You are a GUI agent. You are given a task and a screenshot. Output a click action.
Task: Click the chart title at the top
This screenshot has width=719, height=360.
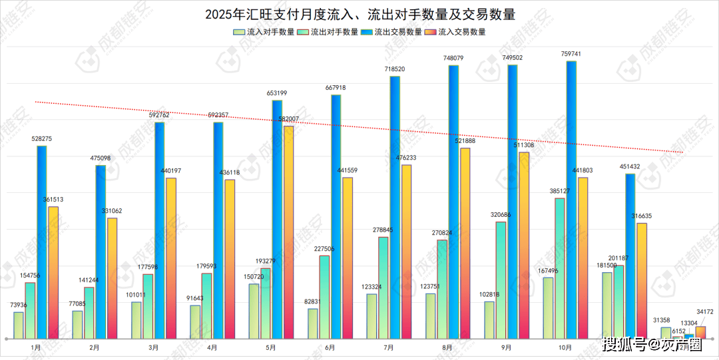pos(359,14)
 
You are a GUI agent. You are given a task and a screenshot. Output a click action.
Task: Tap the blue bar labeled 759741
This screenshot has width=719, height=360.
pos(571,200)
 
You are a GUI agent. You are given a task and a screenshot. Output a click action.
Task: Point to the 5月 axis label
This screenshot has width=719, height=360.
pos(271,347)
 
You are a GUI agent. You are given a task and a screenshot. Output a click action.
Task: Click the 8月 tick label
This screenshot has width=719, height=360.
pos(447,347)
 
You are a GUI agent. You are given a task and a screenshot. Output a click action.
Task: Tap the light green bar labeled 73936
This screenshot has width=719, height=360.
pos(19,325)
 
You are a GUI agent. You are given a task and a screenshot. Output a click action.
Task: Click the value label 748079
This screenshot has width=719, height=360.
pos(453,59)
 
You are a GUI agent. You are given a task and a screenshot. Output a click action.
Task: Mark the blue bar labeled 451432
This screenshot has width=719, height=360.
pos(630,256)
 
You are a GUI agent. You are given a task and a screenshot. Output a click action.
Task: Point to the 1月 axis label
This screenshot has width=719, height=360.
pos(36,347)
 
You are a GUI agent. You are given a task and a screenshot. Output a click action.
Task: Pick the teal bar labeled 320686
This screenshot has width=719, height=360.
pos(501,279)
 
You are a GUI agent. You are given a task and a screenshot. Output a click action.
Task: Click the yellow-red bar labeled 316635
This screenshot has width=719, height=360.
pos(642,280)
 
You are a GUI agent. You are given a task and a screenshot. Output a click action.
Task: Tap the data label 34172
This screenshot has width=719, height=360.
pos(704,311)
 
